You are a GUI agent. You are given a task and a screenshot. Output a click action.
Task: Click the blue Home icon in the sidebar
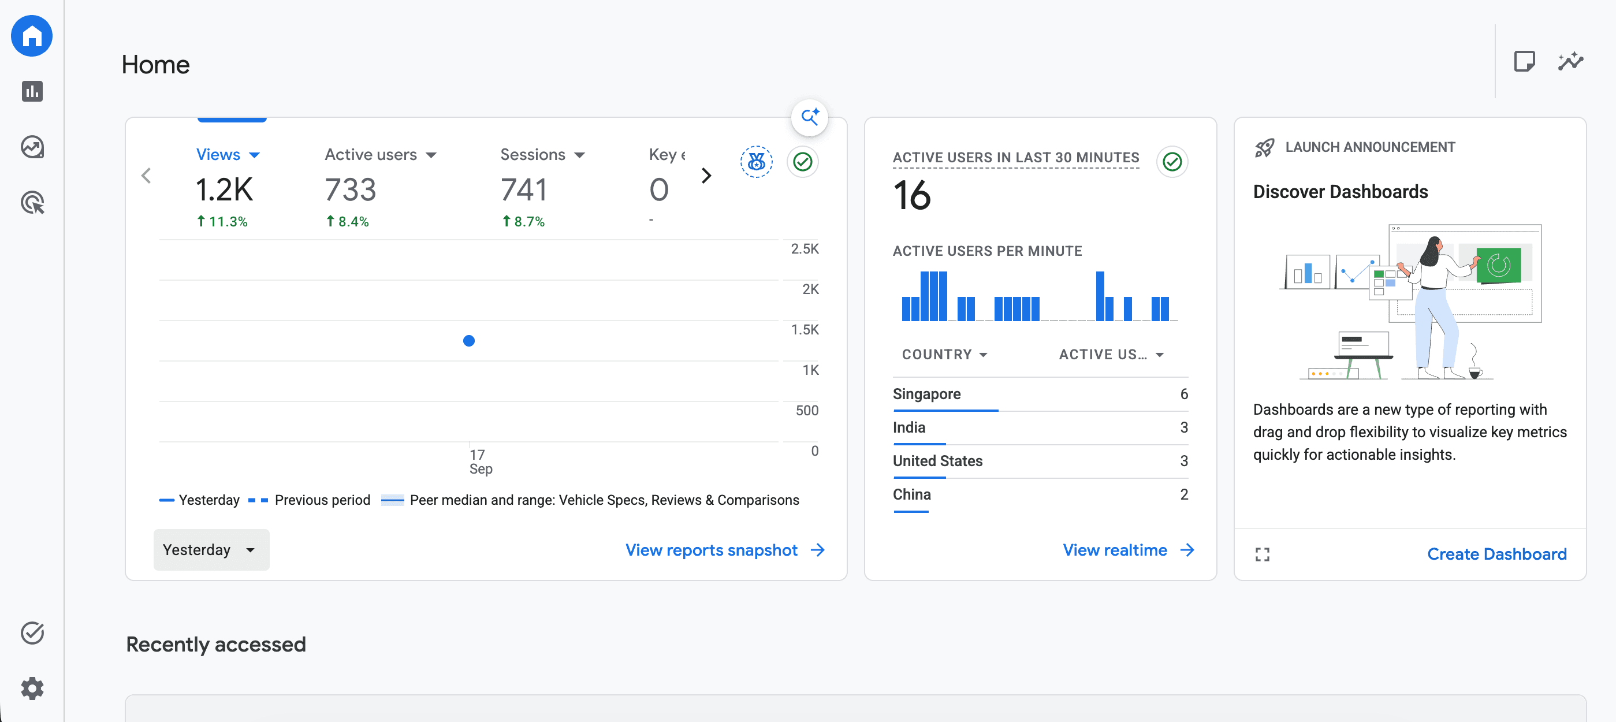(32, 36)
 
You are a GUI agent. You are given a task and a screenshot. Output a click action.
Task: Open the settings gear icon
(32, 688)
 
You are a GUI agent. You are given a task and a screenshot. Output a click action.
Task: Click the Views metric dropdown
(228, 154)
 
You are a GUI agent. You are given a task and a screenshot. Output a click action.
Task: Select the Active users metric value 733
(350, 189)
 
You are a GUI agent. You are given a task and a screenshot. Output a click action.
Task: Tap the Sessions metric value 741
(524, 189)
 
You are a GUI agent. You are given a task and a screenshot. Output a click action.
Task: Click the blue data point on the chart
(468, 341)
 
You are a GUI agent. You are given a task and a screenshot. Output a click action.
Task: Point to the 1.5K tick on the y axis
(805, 329)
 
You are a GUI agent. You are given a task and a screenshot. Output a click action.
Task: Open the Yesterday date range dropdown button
(211, 549)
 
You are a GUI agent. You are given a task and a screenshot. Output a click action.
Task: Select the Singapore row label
(926, 394)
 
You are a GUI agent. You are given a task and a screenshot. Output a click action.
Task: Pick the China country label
(911, 494)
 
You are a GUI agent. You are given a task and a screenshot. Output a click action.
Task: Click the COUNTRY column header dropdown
(945, 355)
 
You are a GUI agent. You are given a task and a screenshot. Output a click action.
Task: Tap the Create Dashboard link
(1497, 554)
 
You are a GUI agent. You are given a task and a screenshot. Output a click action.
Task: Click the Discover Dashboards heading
(1341, 191)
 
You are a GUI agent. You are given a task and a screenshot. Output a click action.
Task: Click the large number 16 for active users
(911, 195)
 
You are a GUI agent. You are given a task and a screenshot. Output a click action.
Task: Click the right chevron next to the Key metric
(706, 176)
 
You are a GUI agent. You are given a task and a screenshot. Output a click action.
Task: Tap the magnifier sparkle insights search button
(809, 117)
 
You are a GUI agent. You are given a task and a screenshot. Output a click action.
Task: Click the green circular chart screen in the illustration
(1499, 265)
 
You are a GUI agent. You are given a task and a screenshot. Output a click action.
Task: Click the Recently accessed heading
(216, 644)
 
